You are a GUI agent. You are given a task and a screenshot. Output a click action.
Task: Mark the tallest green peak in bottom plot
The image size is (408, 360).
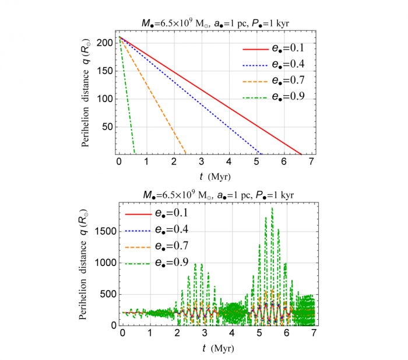(x=272, y=208)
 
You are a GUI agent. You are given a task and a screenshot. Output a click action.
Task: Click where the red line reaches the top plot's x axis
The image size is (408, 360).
(x=301, y=153)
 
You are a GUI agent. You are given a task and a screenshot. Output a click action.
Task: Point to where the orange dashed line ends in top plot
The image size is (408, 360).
(x=186, y=153)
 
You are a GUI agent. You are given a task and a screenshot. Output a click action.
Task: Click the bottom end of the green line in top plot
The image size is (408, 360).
(x=135, y=153)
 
